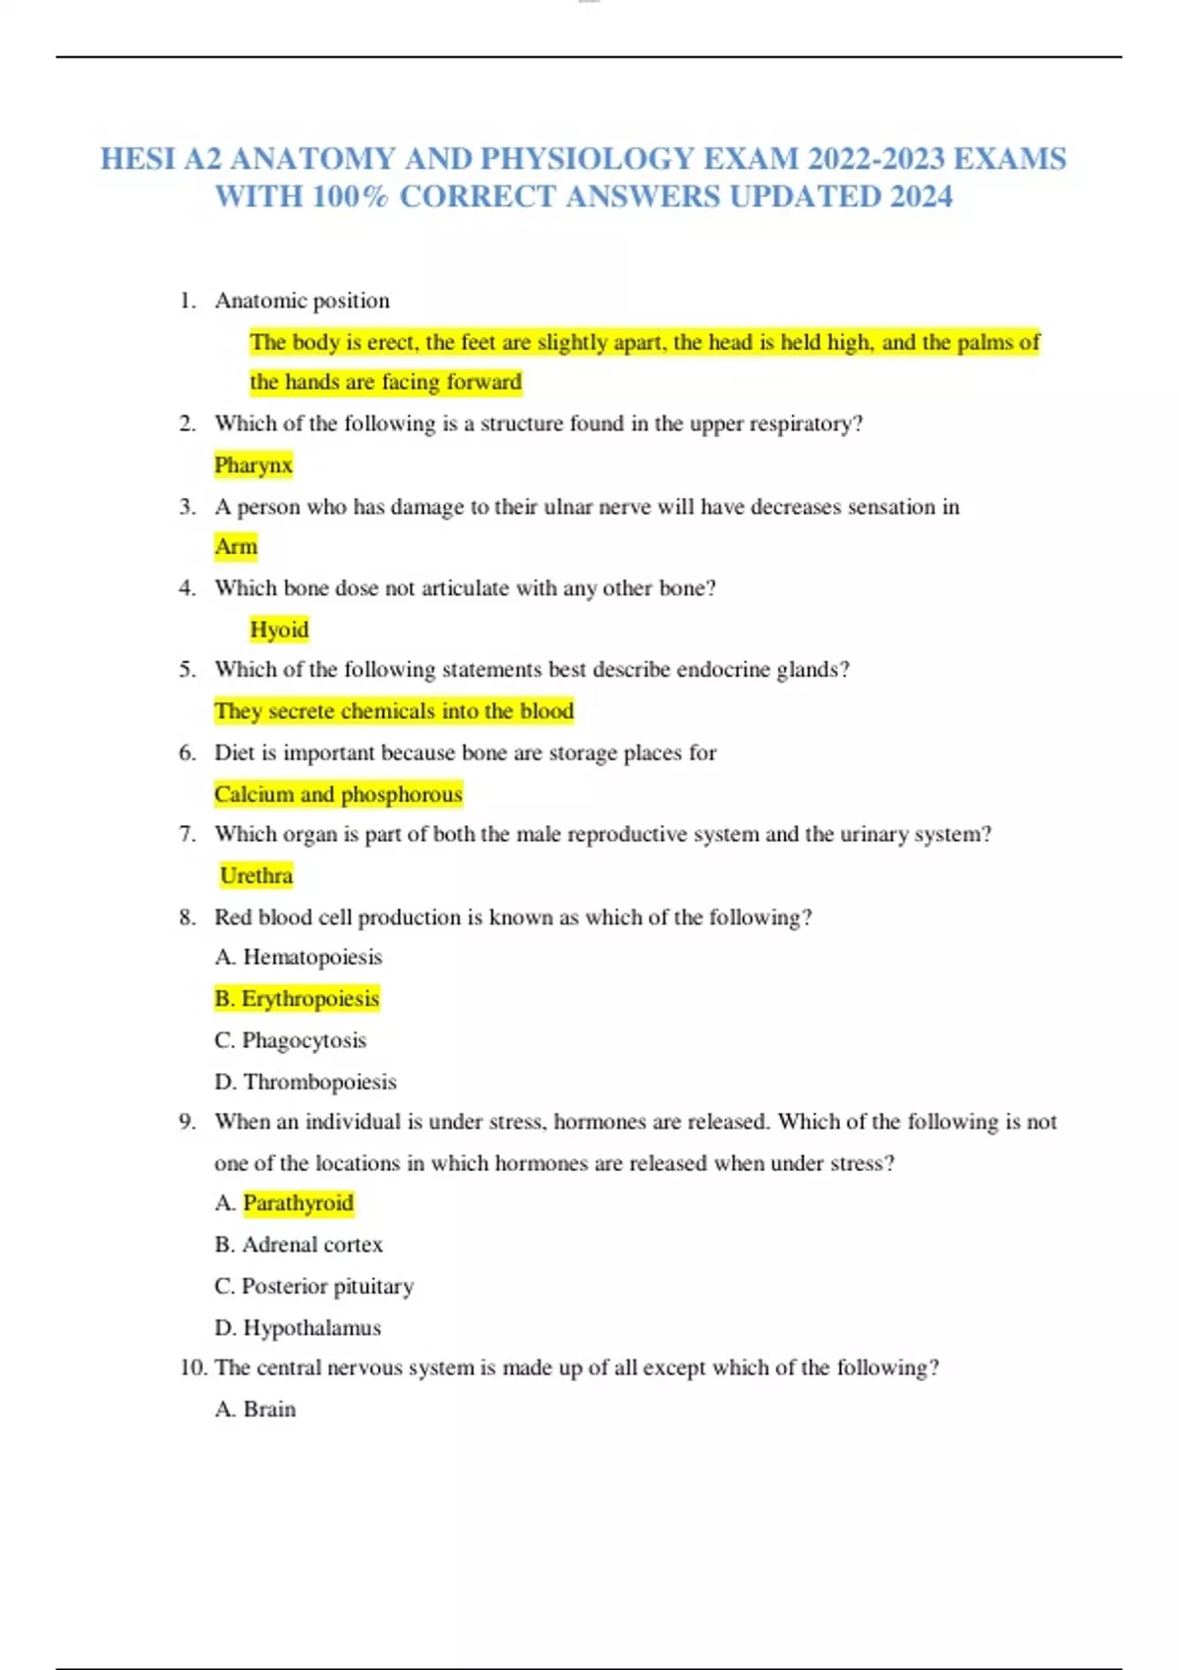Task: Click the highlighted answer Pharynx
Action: (x=253, y=465)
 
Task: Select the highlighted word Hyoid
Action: (x=279, y=629)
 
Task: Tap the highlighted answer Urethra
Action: (x=256, y=875)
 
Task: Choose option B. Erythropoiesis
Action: (x=297, y=998)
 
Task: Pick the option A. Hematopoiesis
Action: (x=299, y=957)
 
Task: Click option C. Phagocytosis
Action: (x=290, y=1040)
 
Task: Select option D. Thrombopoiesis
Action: (x=306, y=1082)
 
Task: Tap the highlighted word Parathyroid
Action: (x=299, y=1202)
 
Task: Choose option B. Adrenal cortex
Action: (x=299, y=1245)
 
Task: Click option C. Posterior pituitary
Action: (x=314, y=1286)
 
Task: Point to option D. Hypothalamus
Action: (x=298, y=1328)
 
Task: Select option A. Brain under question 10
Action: (x=255, y=1409)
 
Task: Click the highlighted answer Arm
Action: (x=236, y=546)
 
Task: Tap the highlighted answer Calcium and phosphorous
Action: (x=338, y=794)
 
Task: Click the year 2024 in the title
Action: (x=921, y=196)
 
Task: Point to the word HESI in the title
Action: (x=138, y=159)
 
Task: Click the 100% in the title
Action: (x=350, y=196)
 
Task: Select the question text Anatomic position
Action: (x=303, y=301)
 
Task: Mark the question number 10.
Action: (x=192, y=1367)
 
